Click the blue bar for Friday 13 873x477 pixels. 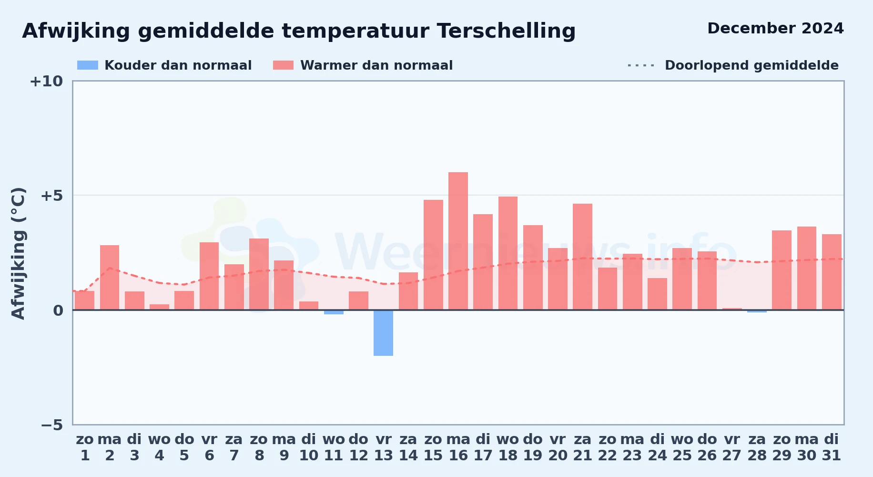point(383,333)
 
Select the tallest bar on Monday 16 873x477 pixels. point(458,241)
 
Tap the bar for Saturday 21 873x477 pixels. point(582,257)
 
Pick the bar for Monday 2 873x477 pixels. point(110,278)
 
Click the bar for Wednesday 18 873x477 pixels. point(508,253)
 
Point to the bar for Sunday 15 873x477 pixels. point(433,255)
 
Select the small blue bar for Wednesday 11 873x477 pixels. point(334,312)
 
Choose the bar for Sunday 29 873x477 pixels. point(782,270)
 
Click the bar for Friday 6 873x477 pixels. point(209,276)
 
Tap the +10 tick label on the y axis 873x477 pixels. point(46,82)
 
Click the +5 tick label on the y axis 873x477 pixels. point(51,196)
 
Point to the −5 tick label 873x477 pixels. point(51,425)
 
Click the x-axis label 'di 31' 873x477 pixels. point(832,447)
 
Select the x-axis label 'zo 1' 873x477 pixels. point(85,447)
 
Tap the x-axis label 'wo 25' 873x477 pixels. point(682,447)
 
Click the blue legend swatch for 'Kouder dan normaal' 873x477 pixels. point(88,65)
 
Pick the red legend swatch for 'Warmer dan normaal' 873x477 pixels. point(283,65)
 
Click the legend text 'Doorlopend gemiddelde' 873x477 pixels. point(751,65)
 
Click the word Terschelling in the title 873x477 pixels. point(506,31)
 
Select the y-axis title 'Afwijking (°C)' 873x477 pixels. point(18,253)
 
